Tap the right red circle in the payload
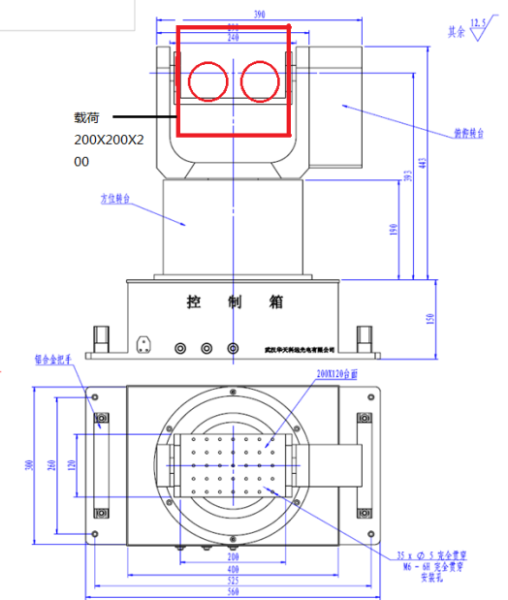coord(259,81)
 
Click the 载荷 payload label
coord(87,118)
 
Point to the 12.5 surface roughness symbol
coord(476,25)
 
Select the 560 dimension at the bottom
coord(233,592)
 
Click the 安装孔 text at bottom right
coord(429,580)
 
